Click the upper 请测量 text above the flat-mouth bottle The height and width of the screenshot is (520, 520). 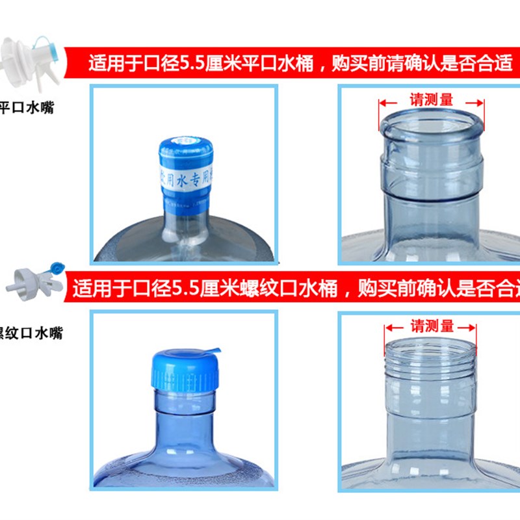pos(432,100)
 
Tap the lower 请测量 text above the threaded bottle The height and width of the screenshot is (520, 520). pos(432,326)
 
